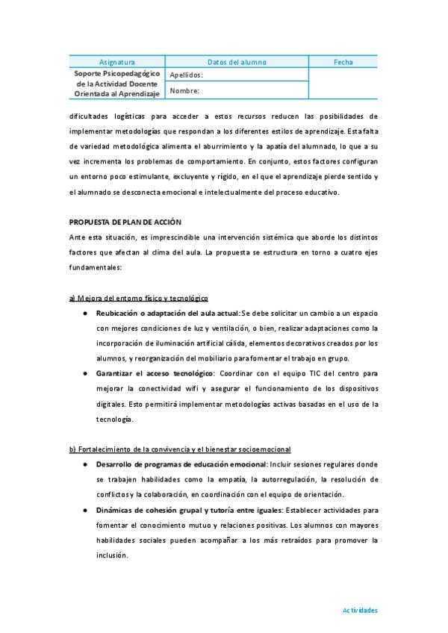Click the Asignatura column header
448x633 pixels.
point(117,62)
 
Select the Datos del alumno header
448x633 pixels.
point(236,62)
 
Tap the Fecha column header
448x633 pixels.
point(343,62)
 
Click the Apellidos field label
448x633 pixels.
point(186,75)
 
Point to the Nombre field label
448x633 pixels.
point(184,91)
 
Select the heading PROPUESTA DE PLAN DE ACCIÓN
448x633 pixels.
point(125,222)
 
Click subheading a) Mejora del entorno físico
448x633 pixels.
point(138,298)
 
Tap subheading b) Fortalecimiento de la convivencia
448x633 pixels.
point(179,449)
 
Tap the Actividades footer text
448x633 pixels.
point(360,610)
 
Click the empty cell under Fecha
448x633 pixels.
point(343,84)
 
